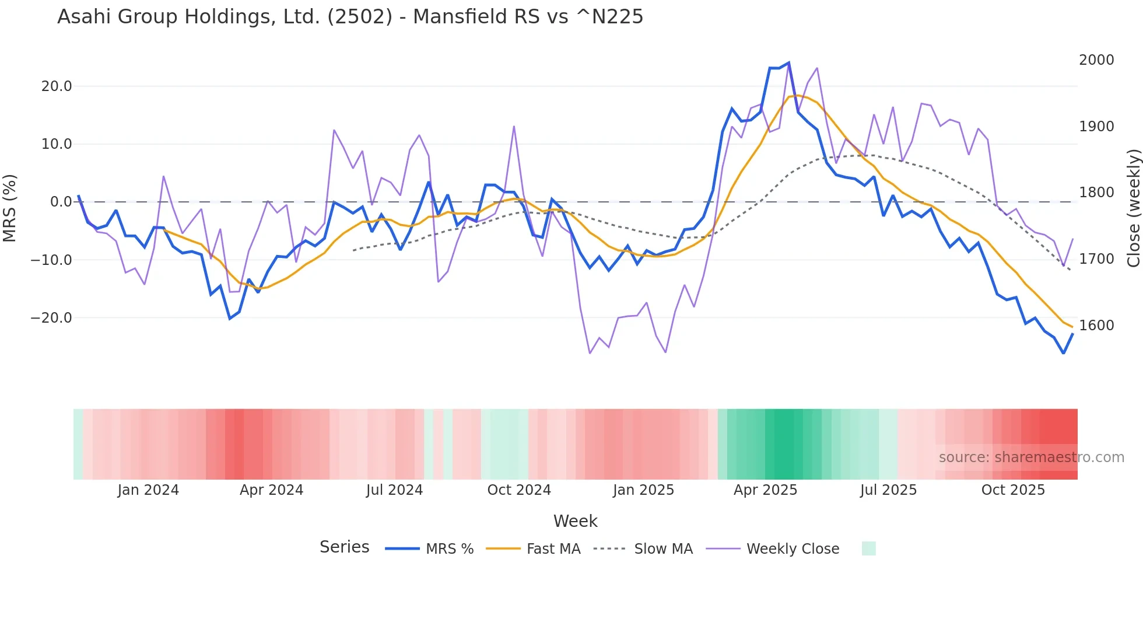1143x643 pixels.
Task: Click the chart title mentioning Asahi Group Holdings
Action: (x=350, y=17)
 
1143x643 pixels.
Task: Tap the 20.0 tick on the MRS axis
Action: (x=57, y=86)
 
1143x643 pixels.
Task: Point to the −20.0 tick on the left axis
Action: (x=51, y=318)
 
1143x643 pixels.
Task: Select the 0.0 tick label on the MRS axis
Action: (x=61, y=202)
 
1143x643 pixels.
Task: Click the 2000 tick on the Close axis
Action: (x=1096, y=60)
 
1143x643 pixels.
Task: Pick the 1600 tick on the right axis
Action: (x=1096, y=326)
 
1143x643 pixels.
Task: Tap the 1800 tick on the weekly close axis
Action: (x=1096, y=193)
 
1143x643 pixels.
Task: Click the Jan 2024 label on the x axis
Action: (x=148, y=490)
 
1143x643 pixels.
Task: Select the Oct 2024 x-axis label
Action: (x=519, y=490)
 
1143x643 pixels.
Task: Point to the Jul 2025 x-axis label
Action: (x=888, y=490)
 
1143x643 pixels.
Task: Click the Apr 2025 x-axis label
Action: (x=765, y=490)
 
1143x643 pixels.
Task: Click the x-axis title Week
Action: (x=575, y=521)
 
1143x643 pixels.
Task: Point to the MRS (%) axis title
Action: (x=9, y=208)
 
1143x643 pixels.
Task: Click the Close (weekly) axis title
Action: (x=1133, y=208)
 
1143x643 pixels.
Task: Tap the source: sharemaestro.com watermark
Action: (x=1031, y=457)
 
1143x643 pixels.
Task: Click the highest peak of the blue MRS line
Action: (x=788, y=62)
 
